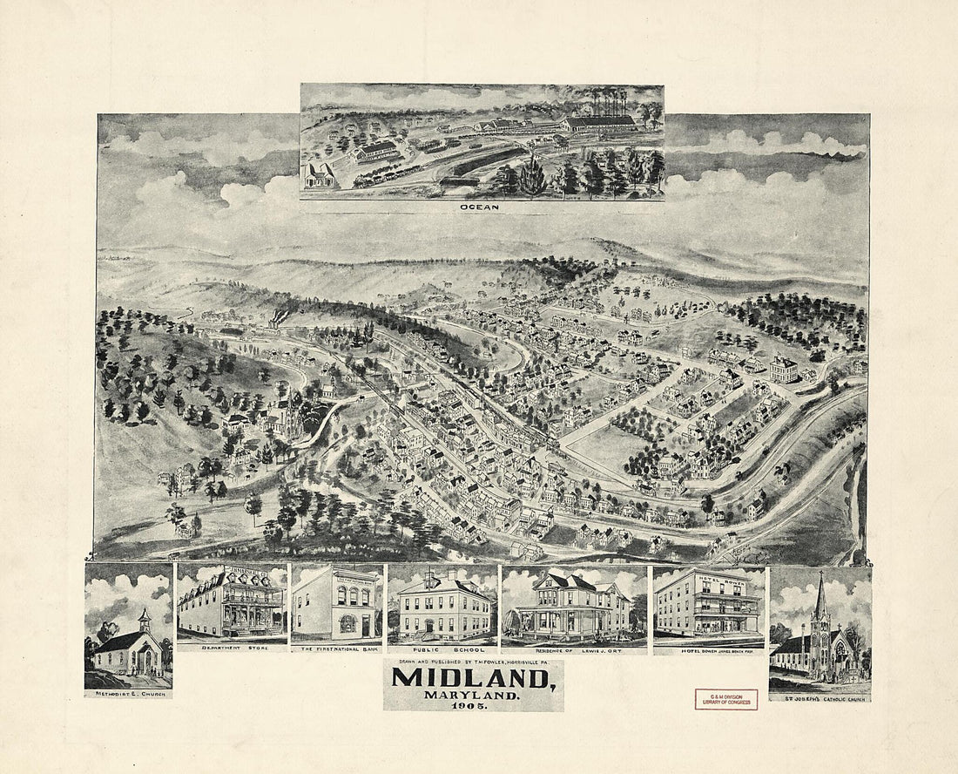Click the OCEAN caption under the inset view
482,208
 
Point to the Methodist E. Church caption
128,694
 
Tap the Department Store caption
231,648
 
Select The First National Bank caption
336,648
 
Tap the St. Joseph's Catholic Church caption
820,696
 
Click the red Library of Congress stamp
725,698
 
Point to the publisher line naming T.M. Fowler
472,662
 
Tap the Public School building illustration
442,608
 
